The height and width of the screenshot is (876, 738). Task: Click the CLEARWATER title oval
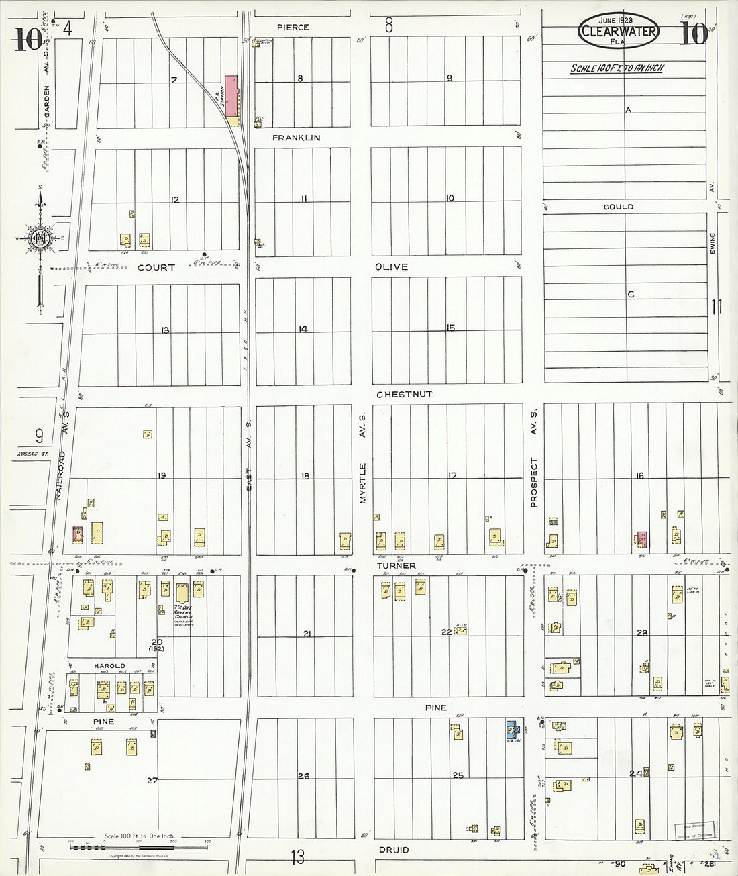619,32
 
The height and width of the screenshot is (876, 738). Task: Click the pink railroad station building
231,96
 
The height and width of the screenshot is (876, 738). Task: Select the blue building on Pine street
511,730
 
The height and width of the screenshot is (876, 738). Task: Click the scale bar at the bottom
139,847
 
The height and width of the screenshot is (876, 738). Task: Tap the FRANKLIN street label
296,138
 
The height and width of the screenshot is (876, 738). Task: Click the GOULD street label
618,207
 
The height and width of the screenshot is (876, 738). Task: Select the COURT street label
156,267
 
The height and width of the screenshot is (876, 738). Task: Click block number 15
450,328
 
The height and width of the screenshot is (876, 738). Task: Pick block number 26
303,776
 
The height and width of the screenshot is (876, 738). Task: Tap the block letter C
630,294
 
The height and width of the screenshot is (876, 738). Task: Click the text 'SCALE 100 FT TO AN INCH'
617,68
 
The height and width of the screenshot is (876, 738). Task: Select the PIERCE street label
293,28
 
